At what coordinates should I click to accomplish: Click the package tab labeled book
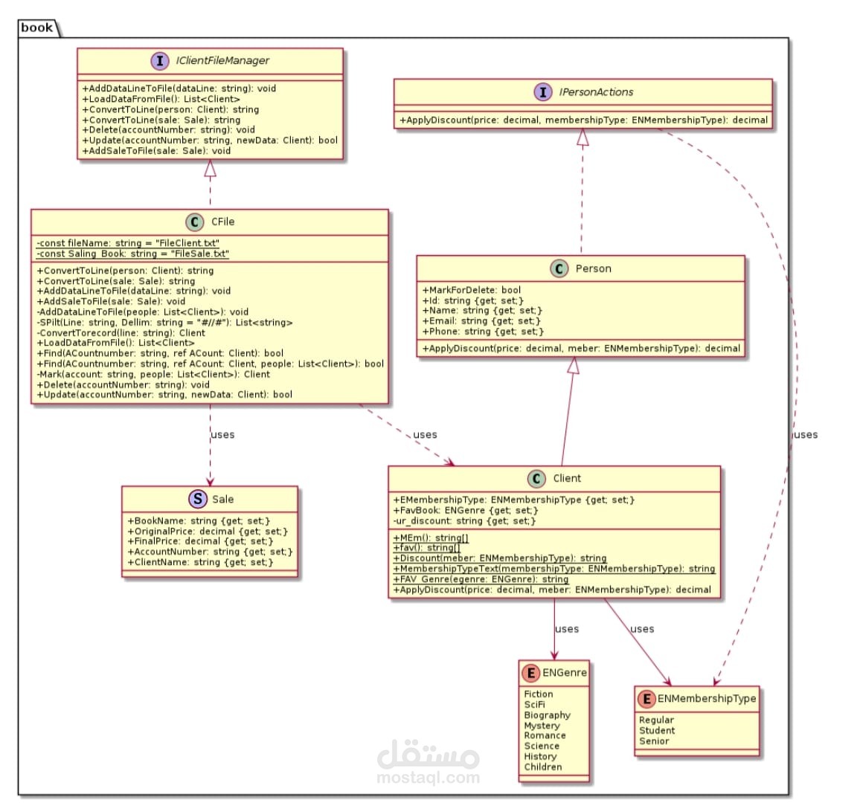pyautogui.click(x=37, y=28)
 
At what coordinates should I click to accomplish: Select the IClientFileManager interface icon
pyautogui.click(x=160, y=60)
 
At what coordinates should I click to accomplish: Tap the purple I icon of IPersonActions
pyautogui.click(x=543, y=92)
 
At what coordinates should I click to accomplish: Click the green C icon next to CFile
pyautogui.click(x=195, y=222)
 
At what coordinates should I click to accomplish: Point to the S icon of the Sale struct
pyautogui.click(x=197, y=500)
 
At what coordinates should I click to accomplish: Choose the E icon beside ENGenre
pyautogui.click(x=530, y=673)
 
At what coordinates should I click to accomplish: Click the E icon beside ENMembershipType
pyautogui.click(x=646, y=699)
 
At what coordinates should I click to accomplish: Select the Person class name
pyautogui.click(x=593, y=268)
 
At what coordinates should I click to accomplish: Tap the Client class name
pyautogui.click(x=567, y=478)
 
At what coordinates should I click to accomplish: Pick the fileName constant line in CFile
pyautogui.click(x=128, y=243)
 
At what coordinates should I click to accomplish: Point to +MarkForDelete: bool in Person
pyautogui.click(x=472, y=290)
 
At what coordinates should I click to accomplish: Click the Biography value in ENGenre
pyautogui.click(x=547, y=715)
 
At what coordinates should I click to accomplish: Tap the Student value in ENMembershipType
pyautogui.click(x=657, y=730)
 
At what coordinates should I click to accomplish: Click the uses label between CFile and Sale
pyautogui.click(x=222, y=435)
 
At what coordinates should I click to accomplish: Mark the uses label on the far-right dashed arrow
pyautogui.click(x=806, y=435)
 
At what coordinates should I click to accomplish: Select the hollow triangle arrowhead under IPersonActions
pyautogui.click(x=583, y=138)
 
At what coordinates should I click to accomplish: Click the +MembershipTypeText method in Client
pyautogui.click(x=553, y=569)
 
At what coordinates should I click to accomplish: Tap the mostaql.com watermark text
pyautogui.click(x=428, y=778)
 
